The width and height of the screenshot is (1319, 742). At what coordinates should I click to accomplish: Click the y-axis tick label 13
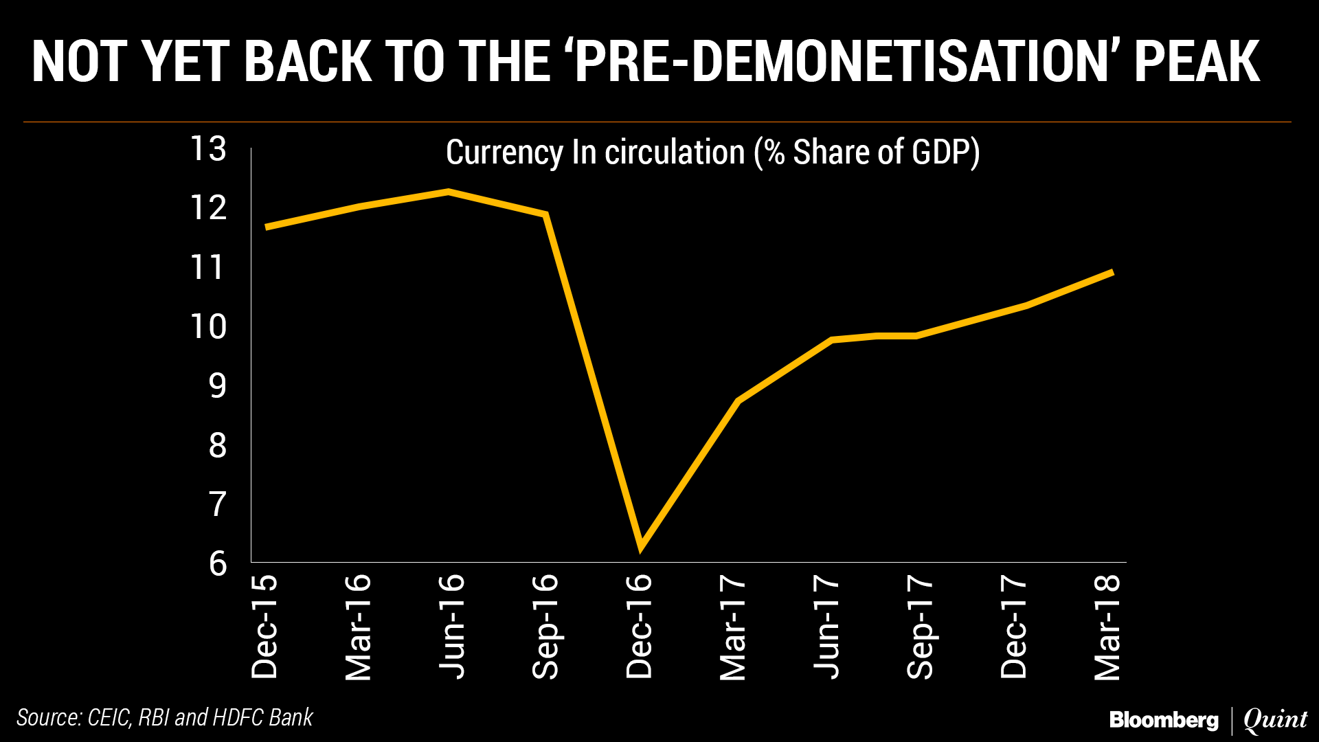(209, 149)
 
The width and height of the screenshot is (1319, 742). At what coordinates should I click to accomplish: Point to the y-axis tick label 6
(218, 564)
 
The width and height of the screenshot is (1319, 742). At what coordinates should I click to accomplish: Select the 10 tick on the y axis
(209, 327)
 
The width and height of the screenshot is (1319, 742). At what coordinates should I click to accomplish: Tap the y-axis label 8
(218, 446)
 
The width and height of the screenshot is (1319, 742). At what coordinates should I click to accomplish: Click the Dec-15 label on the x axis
(264, 626)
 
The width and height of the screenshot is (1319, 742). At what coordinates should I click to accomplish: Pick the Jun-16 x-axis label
(452, 626)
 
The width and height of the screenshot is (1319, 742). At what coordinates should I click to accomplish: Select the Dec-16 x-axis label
(639, 626)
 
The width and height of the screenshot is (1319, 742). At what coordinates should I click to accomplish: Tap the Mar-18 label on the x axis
(1107, 626)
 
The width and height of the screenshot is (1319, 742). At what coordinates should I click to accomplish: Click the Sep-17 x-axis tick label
(921, 626)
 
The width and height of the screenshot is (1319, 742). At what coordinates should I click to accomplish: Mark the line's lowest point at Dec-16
(641, 548)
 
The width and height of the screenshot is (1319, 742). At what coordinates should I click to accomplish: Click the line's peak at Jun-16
(449, 192)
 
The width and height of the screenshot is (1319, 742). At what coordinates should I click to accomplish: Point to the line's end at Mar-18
(1112, 273)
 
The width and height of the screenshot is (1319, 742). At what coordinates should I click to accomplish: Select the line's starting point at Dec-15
(267, 227)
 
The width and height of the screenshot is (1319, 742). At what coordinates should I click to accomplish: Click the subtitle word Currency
(504, 152)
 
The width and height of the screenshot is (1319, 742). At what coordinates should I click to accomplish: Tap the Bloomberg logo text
(1164, 720)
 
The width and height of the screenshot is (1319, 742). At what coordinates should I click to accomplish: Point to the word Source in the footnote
(48, 717)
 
